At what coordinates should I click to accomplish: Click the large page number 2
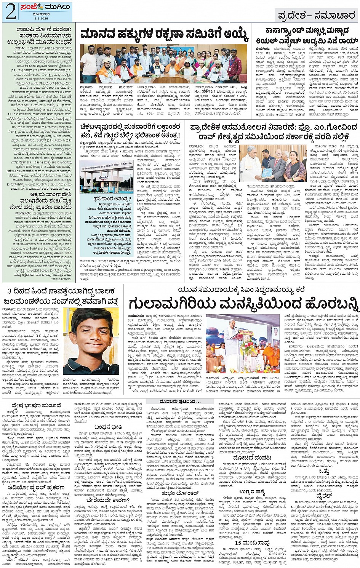click(10, 12)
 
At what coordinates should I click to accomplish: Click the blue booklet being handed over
click(267, 172)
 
